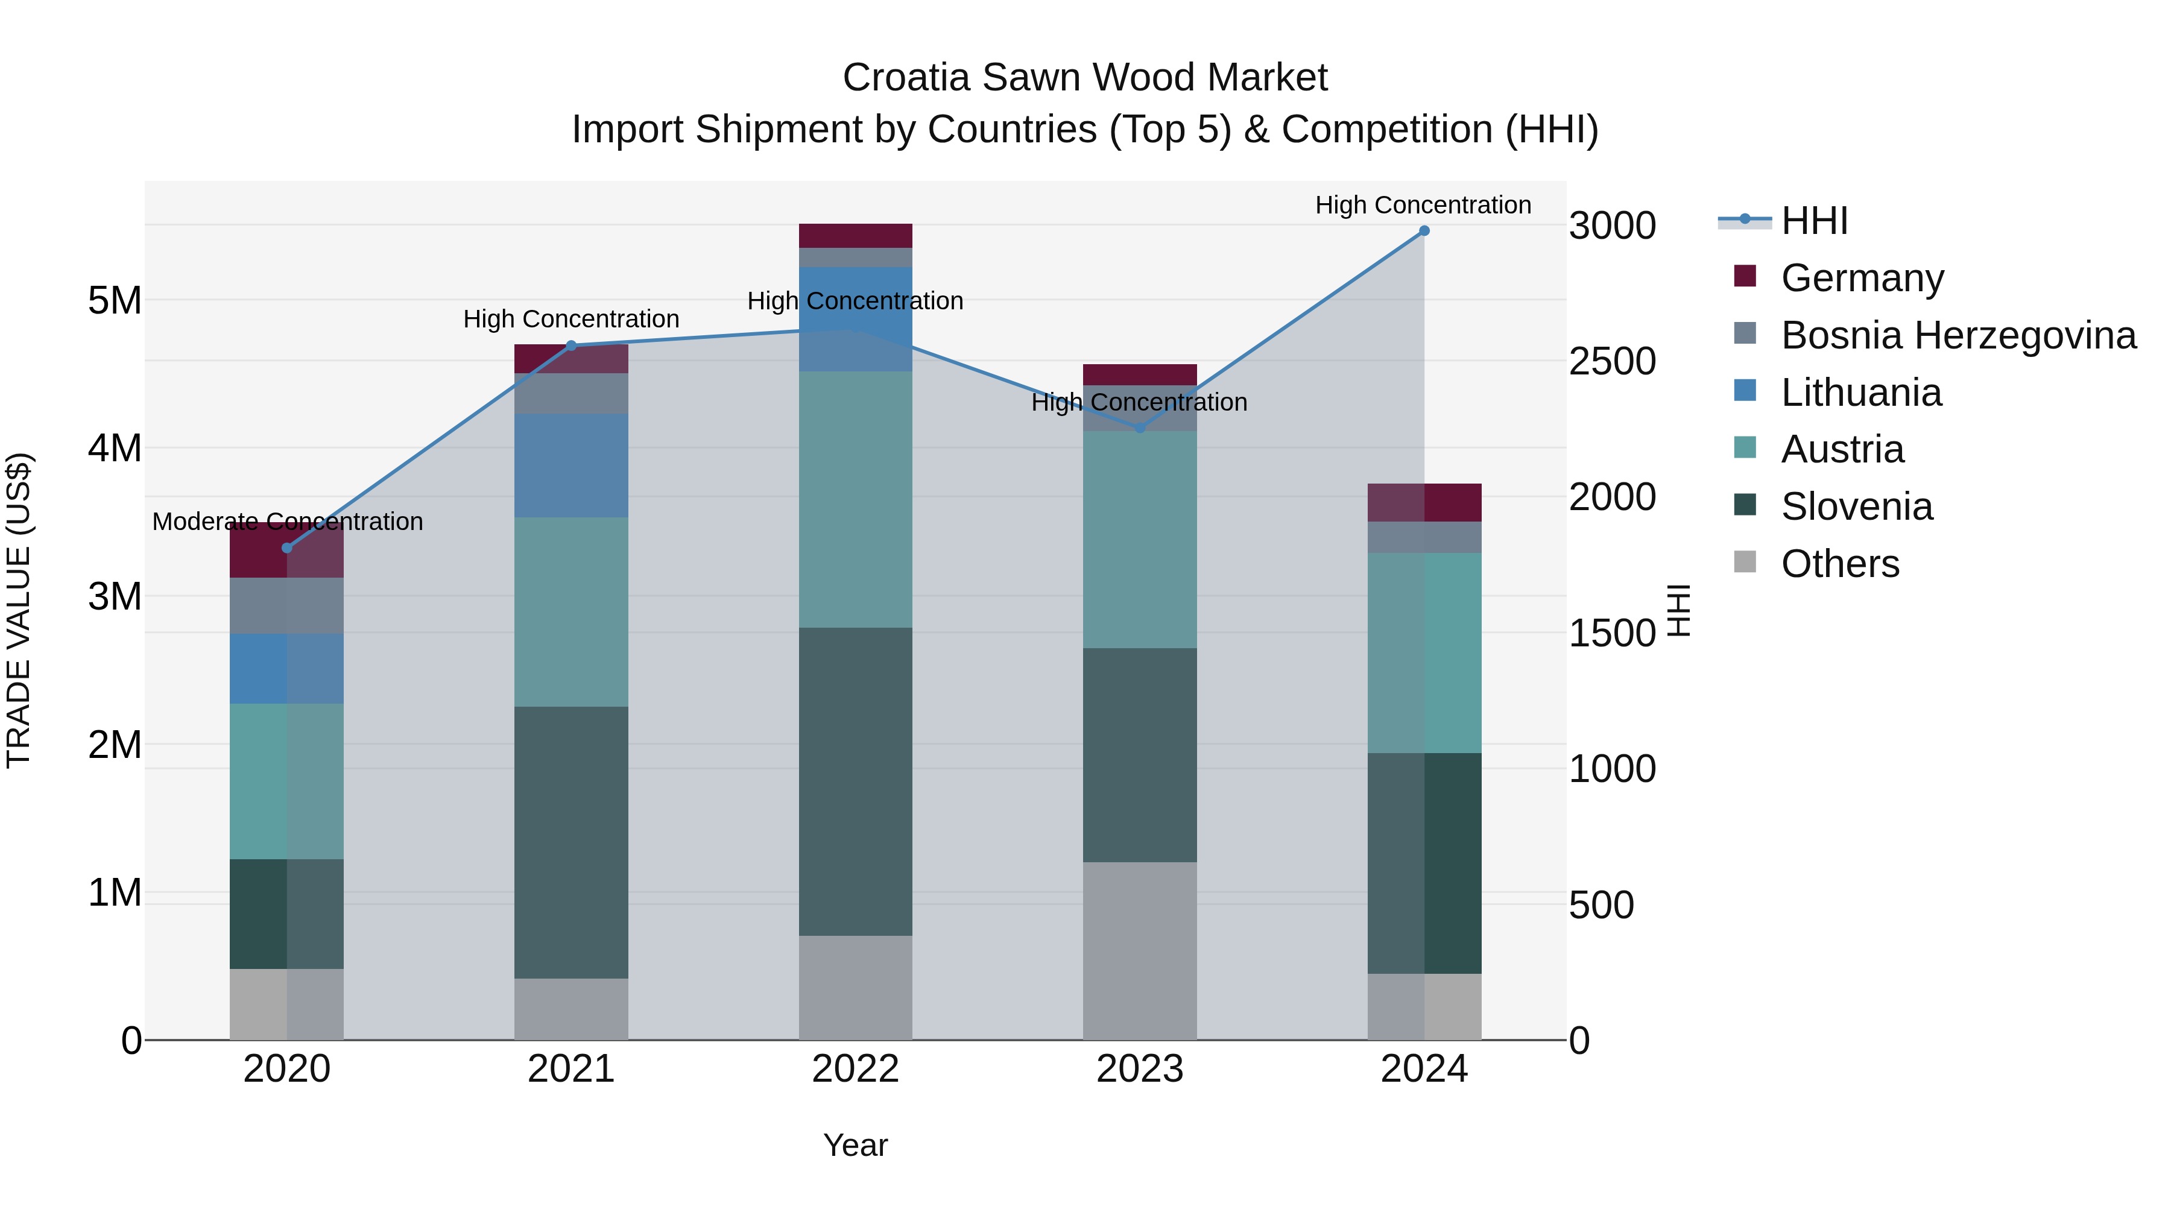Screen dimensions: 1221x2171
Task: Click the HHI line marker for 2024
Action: click(x=1424, y=231)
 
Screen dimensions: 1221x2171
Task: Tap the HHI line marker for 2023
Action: click(x=1140, y=428)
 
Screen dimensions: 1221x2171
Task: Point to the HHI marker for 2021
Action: click(x=572, y=345)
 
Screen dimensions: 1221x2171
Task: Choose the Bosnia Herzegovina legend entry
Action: click(x=1958, y=335)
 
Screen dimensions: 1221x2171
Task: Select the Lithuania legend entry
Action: click(x=1861, y=393)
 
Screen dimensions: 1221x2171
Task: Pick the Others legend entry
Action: click(x=1840, y=564)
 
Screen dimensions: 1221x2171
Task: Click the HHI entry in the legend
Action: click(x=1813, y=221)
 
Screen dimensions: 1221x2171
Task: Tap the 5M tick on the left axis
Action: click(x=115, y=301)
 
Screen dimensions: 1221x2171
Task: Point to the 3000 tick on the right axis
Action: click(x=1612, y=226)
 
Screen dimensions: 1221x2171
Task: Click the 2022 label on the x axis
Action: click(x=855, y=1069)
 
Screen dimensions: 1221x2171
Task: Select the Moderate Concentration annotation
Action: click(x=288, y=522)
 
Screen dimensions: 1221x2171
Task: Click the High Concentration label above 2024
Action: click(x=1423, y=205)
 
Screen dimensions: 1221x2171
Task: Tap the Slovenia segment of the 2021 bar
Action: click(x=572, y=843)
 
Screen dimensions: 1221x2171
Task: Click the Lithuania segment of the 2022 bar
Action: click(x=855, y=318)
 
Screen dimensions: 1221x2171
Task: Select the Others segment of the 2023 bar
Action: click(x=1140, y=950)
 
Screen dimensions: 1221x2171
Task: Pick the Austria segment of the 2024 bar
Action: click(x=1424, y=653)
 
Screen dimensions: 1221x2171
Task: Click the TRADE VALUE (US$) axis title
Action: click(x=19, y=610)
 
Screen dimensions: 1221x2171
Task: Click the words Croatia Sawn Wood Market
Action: click(x=1085, y=78)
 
